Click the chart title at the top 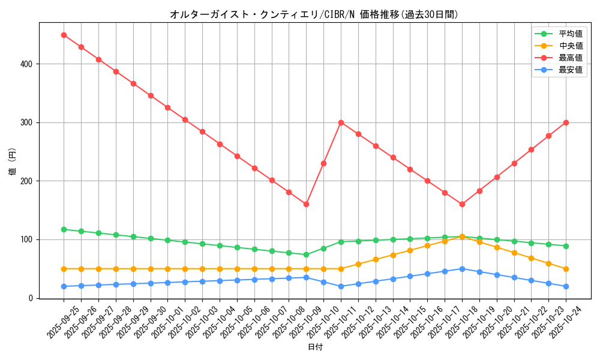314,14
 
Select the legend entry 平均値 570,34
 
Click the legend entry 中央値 570,46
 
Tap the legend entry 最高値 570,58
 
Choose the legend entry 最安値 570,70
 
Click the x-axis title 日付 315,347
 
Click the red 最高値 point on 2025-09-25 64,35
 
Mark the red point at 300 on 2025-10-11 341,122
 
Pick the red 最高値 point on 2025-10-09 306,205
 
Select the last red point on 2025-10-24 566,122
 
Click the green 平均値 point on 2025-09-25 64,229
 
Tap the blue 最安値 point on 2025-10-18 462,269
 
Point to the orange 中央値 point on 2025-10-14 393,255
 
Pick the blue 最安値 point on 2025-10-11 341,286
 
